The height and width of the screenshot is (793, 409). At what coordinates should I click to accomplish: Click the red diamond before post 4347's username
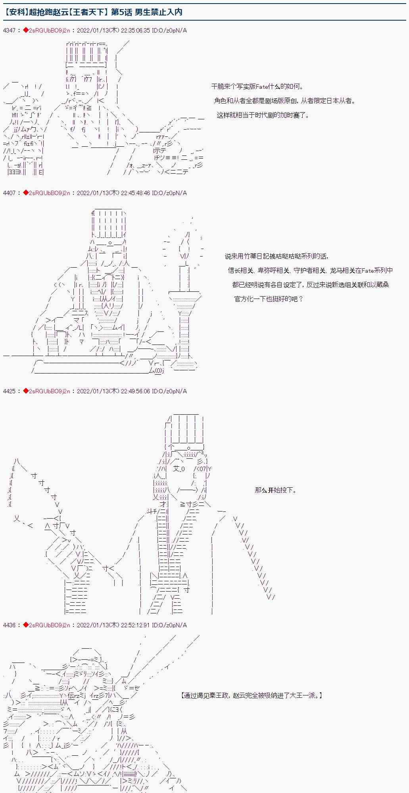tap(26, 31)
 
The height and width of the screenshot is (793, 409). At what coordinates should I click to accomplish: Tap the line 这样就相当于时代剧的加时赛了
tap(263, 115)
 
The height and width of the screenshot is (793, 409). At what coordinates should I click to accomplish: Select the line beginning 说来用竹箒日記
tap(277, 257)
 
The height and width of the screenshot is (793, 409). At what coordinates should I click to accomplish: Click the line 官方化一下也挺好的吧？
tap(269, 299)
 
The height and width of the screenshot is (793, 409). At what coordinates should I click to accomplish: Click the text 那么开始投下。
tap(276, 490)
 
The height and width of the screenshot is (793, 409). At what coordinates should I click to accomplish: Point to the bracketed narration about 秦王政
tap(251, 695)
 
